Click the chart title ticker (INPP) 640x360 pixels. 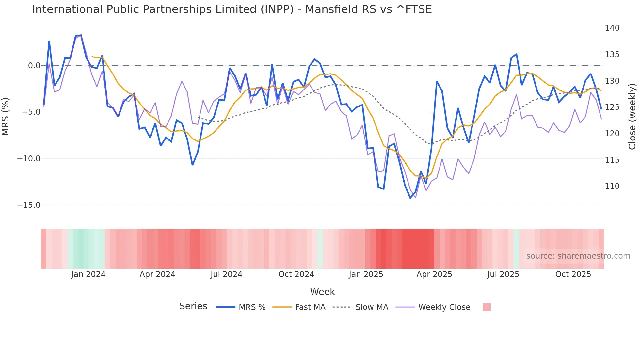pyautogui.click(x=277, y=9)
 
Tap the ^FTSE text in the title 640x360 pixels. pyautogui.click(x=414, y=9)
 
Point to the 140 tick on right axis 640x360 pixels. pyautogui.click(x=612, y=28)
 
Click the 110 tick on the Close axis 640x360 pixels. pyautogui.click(x=612, y=186)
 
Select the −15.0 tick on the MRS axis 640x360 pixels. pyautogui.click(x=29, y=205)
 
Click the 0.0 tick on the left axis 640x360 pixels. pyautogui.click(x=34, y=66)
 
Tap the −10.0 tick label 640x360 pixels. pyautogui.click(x=29, y=159)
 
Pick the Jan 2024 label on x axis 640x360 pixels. pyautogui.click(x=88, y=274)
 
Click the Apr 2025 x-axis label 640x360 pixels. pyautogui.click(x=434, y=274)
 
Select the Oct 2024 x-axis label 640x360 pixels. pyautogui.click(x=296, y=274)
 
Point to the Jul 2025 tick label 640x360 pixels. pyautogui.click(x=503, y=274)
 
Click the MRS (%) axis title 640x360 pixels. pyautogui.click(x=6, y=116)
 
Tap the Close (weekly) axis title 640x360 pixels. pyautogui.click(x=632, y=117)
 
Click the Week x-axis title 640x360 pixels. pyautogui.click(x=322, y=292)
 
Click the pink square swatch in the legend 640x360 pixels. pyautogui.click(x=487, y=307)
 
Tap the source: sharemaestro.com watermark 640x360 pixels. pyautogui.click(x=578, y=256)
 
